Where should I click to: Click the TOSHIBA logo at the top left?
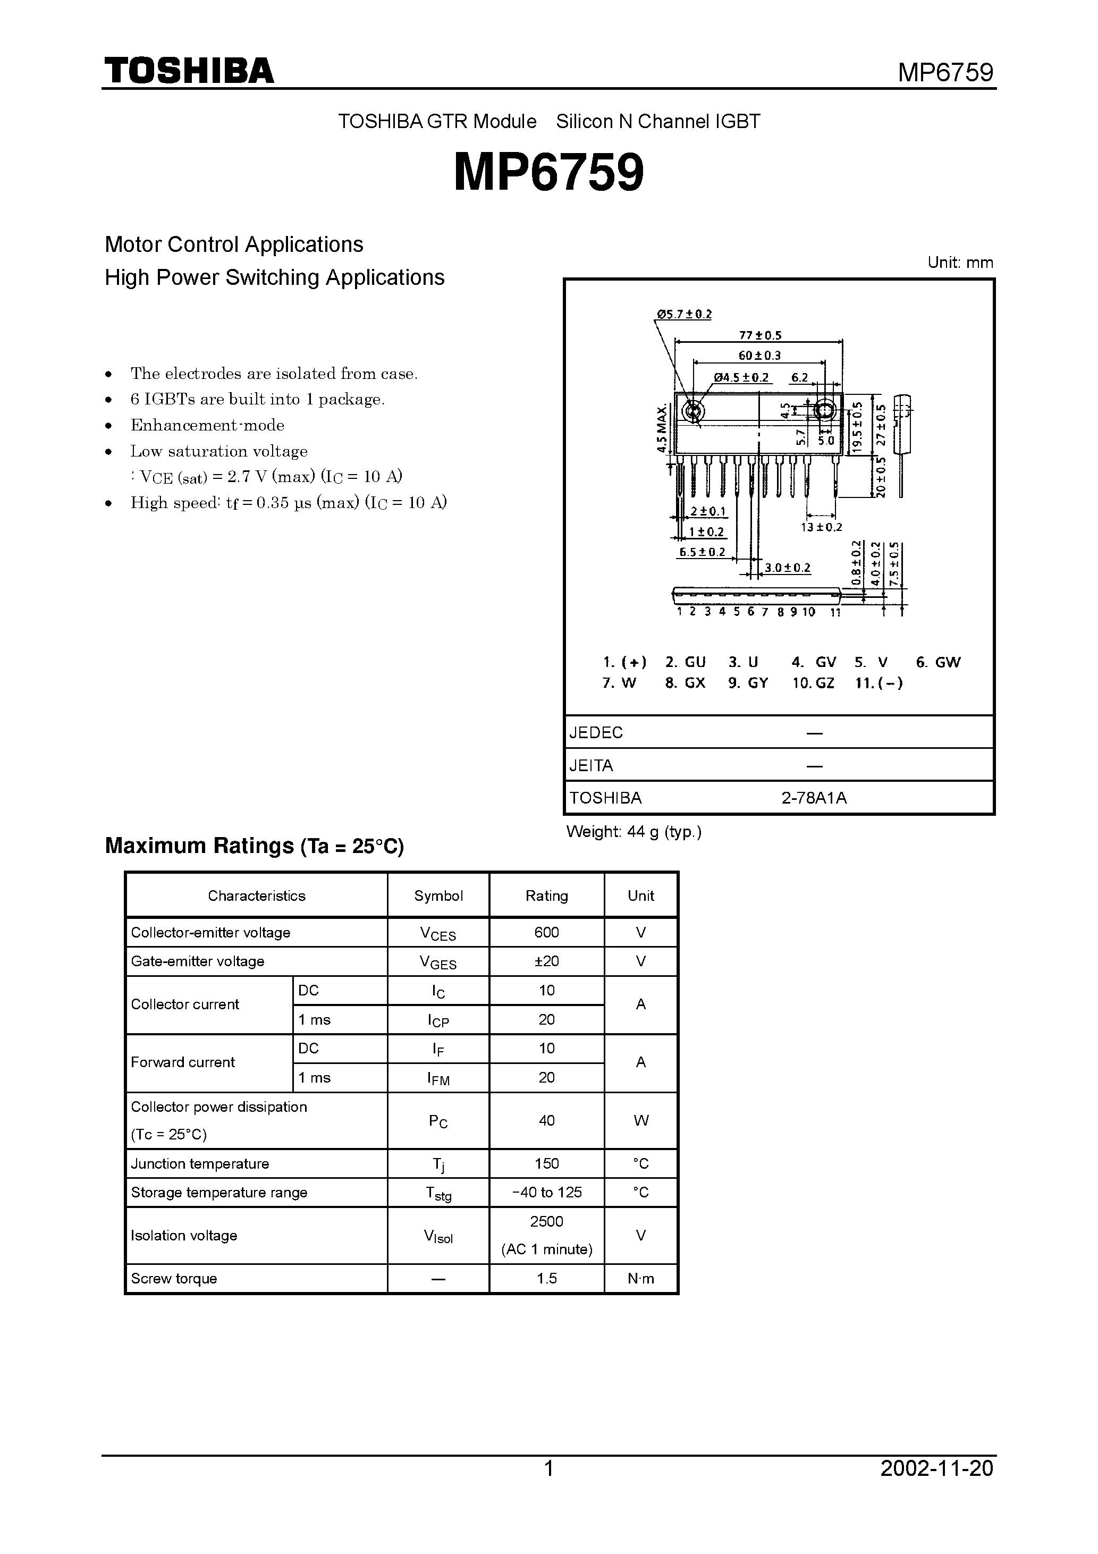click(189, 70)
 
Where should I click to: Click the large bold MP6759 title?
click(548, 173)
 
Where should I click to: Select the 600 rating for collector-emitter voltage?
click(546, 933)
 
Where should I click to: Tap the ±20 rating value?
click(546, 961)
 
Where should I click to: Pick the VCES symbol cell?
click(438, 934)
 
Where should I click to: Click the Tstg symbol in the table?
click(438, 1193)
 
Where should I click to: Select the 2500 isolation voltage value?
click(546, 1222)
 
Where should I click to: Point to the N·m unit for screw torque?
click(640, 1279)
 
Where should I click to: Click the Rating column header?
click(546, 896)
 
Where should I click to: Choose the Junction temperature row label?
click(200, 1163)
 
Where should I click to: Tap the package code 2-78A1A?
click(814, 798)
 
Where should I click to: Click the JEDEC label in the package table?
click(596, 732)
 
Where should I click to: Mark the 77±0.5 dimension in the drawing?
click(759, 335)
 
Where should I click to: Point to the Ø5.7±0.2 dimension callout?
click(683, 314)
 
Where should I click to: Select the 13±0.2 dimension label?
click(821, 527)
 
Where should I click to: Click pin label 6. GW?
click(937, 663)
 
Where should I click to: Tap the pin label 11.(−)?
click(879, 683)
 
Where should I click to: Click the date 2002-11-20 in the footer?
click(936, 1487)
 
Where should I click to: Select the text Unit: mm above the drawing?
click(960, 263)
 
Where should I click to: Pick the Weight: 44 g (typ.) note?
click(634, 832)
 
